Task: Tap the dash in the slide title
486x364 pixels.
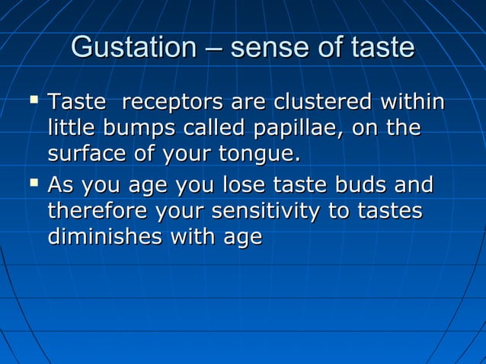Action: coord(213,49)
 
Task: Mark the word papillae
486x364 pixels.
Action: coord(292,129)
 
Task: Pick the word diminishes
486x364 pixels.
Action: coord(104,238)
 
